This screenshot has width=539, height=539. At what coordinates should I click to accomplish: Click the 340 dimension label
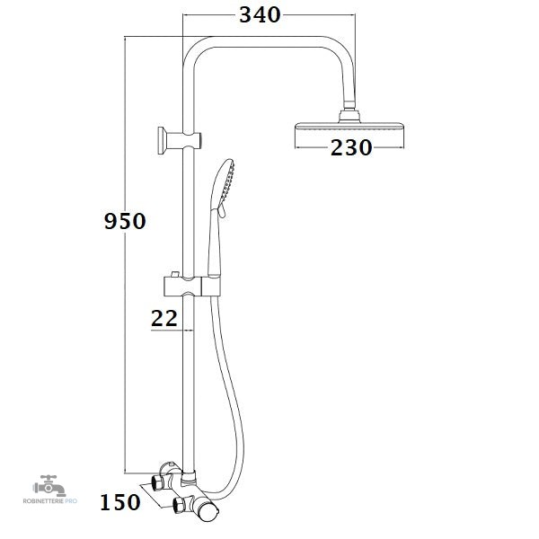[260, 15]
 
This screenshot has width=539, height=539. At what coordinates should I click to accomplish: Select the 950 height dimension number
[125, 221]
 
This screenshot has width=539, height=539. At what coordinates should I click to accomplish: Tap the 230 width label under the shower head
[351, 148]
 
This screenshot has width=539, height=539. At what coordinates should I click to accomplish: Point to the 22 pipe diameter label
[164, 318]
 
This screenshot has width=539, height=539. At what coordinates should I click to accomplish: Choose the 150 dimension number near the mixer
[120, 502]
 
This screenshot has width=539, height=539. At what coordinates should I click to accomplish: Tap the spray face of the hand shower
[228, 183]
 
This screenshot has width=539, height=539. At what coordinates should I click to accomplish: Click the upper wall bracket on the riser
[179, 140]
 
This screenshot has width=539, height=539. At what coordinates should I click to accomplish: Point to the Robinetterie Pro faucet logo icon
[49, 486]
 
